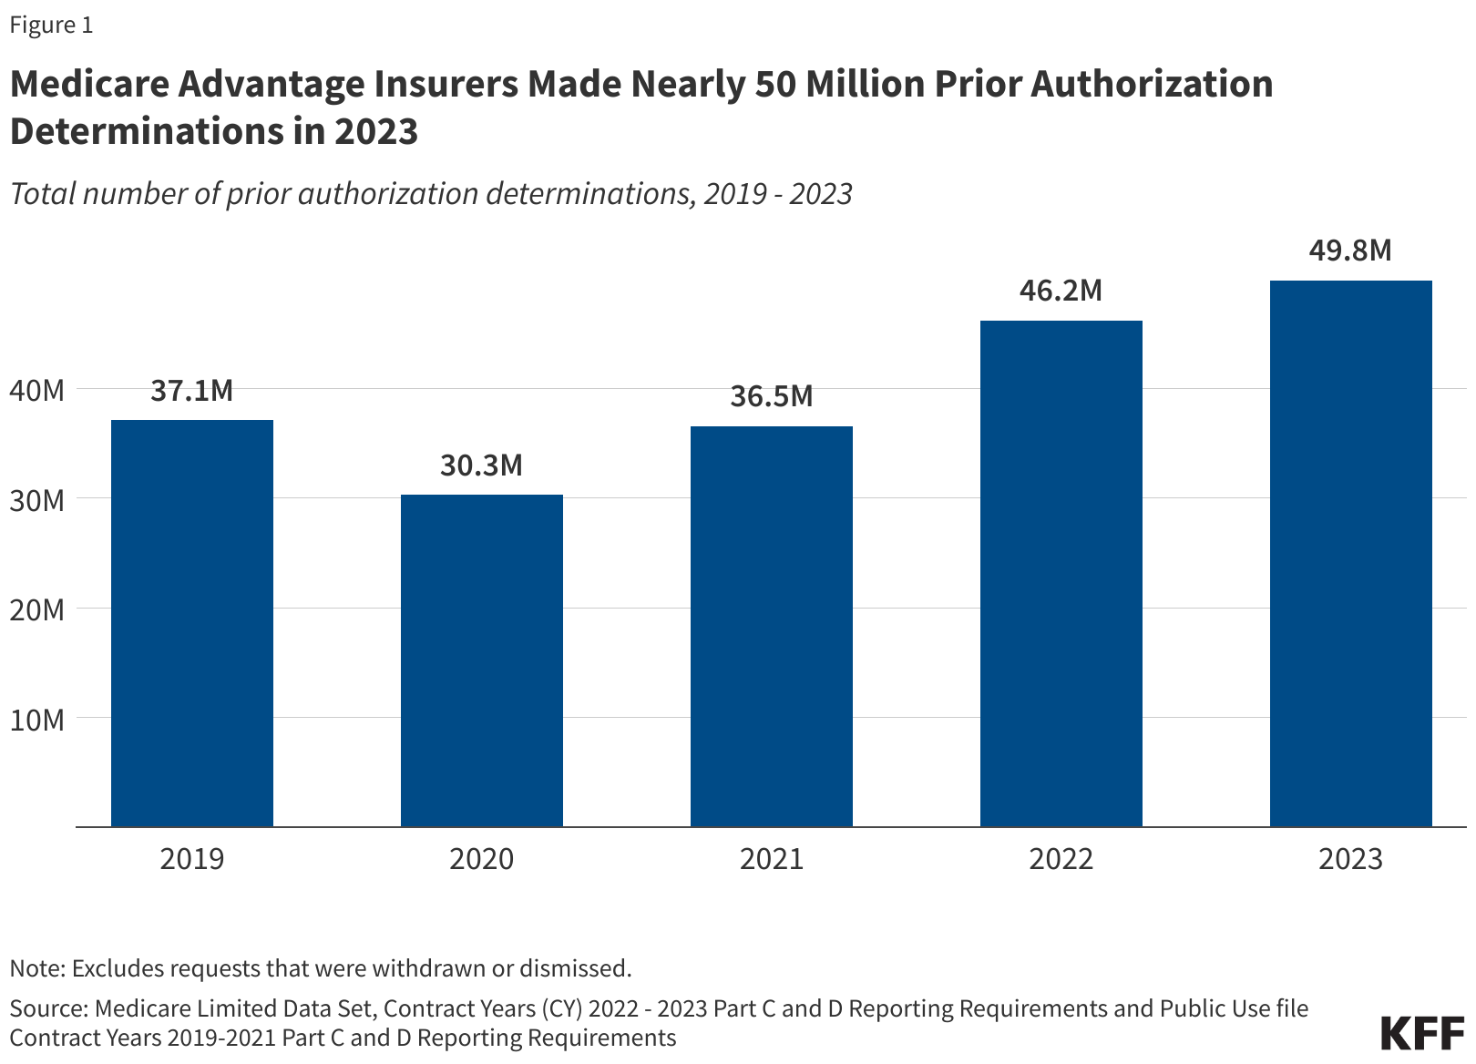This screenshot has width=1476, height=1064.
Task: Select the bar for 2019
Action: pos(192,623)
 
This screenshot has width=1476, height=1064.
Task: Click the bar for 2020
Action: pos(482,660)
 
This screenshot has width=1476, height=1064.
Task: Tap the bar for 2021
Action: pos(772,627)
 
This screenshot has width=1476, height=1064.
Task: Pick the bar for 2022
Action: pos(1061,574)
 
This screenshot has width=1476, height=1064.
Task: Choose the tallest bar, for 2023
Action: pos(1351,554)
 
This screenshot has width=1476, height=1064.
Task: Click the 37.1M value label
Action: pos(192,391)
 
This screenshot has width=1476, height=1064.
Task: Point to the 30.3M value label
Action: pos(482,465)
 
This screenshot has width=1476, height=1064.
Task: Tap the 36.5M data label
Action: pos(772,397)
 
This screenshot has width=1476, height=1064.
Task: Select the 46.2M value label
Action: pos(1061,291)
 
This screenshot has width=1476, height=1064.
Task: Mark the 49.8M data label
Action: pos(1351,251)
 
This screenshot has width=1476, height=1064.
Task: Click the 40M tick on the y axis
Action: pos(37,391)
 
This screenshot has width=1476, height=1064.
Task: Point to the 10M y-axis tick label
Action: pos(37,720)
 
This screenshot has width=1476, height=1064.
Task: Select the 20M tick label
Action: pos(37,609)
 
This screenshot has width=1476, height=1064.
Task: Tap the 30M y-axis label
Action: pos(37,500)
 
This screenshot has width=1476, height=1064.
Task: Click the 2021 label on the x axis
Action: pos(772,858)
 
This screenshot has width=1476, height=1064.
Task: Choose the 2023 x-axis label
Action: pos(1351,858)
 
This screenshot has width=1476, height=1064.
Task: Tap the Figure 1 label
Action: pos(51,26)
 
